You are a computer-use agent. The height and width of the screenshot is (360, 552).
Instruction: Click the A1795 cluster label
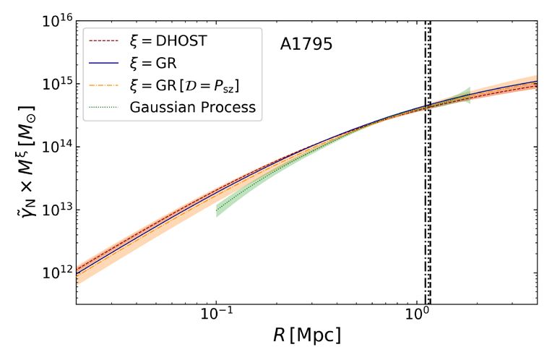tap(306, 45)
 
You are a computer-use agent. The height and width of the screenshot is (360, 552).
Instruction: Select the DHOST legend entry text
tap(165, 41)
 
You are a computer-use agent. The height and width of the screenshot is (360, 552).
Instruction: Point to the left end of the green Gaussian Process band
tap(217, 211)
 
